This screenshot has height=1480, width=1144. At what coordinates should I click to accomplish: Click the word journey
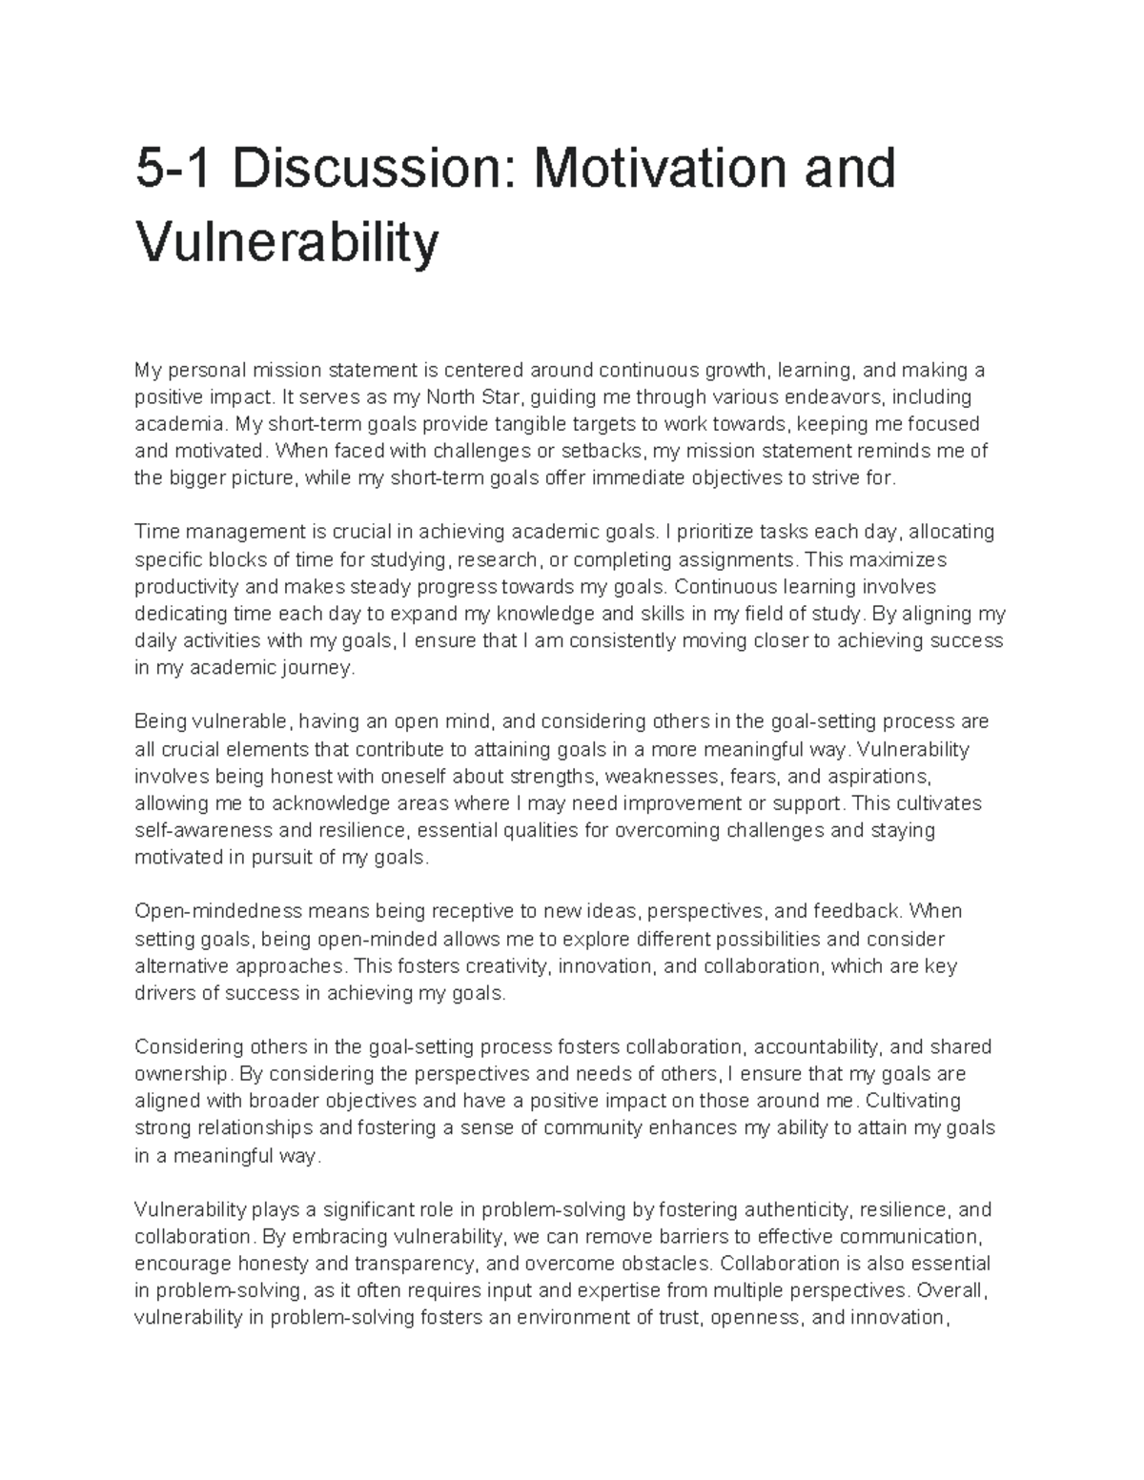click(x=321, y=667)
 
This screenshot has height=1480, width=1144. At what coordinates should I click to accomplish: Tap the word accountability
click(x=816, y=1047)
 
